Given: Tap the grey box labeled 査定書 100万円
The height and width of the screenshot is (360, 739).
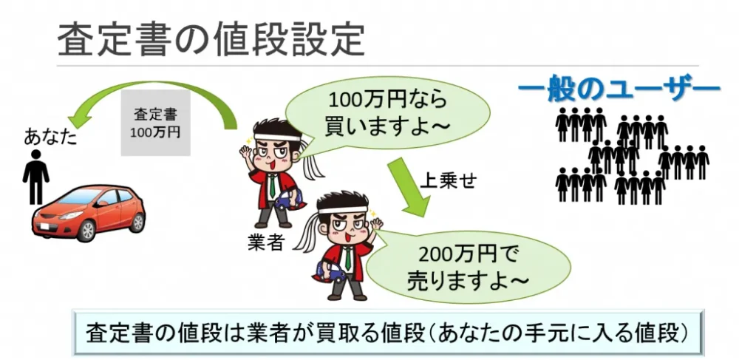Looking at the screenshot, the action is [155, 123].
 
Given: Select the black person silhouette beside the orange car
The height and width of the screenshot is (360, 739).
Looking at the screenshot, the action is [35, 176].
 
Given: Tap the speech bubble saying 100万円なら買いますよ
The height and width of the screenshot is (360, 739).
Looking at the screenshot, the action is [387, 113].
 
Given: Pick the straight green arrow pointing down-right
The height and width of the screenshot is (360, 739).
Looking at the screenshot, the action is [408, 188].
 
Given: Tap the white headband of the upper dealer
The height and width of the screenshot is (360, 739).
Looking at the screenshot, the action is [277, 137].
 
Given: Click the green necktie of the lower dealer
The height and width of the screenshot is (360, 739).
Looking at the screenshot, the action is [348, 259].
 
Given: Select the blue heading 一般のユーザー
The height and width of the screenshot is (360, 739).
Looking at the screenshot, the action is [619, 90].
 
